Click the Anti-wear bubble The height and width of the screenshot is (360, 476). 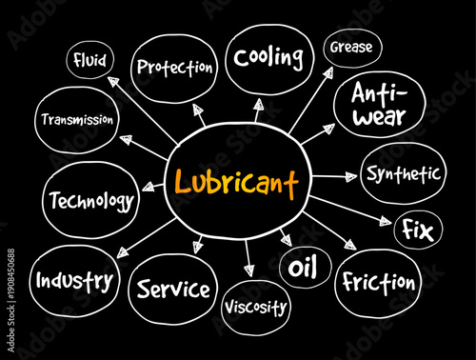(379, 106)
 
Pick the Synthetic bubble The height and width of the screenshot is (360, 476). (404, 173)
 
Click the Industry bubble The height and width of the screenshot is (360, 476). (75, 280)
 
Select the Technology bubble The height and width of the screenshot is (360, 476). (89, 200)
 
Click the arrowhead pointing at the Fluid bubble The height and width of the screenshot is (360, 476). (111, 84)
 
